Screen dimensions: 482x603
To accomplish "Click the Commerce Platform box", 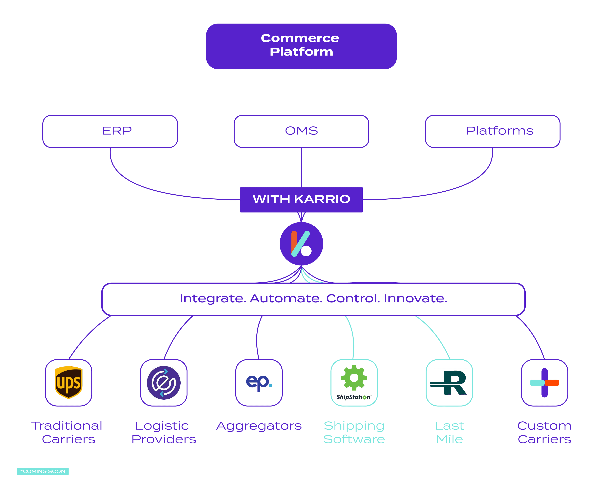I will pos(301,46).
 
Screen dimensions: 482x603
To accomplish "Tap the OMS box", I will pos(301,131).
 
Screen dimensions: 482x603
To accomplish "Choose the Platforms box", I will pos(492,131).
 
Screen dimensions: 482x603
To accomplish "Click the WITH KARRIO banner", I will pos(301,200).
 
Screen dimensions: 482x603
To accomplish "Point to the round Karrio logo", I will pos(301,244).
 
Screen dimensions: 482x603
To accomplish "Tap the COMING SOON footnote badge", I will pos(43,471).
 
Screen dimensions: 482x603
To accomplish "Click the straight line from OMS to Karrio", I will pos(301,168).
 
